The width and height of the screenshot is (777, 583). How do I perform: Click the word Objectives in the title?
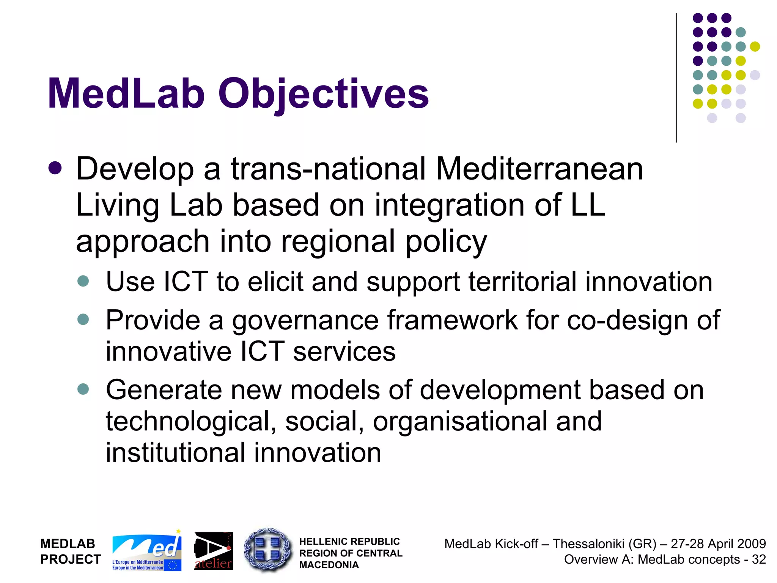coord(323,94)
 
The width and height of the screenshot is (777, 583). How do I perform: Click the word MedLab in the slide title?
coord(126,94)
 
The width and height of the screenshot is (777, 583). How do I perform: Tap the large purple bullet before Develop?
coord(55,168)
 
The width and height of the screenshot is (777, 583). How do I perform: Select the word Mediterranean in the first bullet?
coord(539,169)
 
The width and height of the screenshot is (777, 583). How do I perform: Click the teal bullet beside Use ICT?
coord(83,281)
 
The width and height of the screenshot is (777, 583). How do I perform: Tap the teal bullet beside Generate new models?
coord(83,389)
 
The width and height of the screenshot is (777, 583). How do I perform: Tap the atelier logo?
coord(214,551)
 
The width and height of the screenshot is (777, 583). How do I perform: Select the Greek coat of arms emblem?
coord(268,550)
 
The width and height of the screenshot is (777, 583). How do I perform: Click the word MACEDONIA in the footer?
coord(329,565)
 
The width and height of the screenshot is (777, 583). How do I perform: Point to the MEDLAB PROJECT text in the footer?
coord(71,551)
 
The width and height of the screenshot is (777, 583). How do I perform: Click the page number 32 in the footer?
coord(759,559)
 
